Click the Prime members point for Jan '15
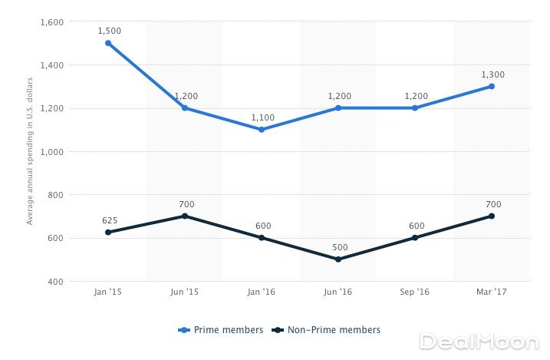[x=108, y=43]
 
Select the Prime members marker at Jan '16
[x=262, y=130]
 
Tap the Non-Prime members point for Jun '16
[x=338, y=259]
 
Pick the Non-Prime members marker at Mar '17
[x=492, y=216]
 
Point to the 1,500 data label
[x=109, y=31]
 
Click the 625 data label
[x=109, y=220]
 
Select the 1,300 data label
[x=492, y=74]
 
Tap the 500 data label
[x=339, y=247]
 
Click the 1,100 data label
[x=262, y=117]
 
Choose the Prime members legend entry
[x=221, y=330]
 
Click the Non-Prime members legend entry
[x=329, y=330]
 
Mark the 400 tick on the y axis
[x=55, y=282]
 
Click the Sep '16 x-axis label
[x=415, y=293]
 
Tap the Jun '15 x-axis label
[x=185, y=293]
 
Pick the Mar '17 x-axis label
[x=492, y=293]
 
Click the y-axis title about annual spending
[x=31, y=152]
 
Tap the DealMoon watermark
[x=482, y=341]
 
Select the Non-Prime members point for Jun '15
[x=185, y=216]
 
